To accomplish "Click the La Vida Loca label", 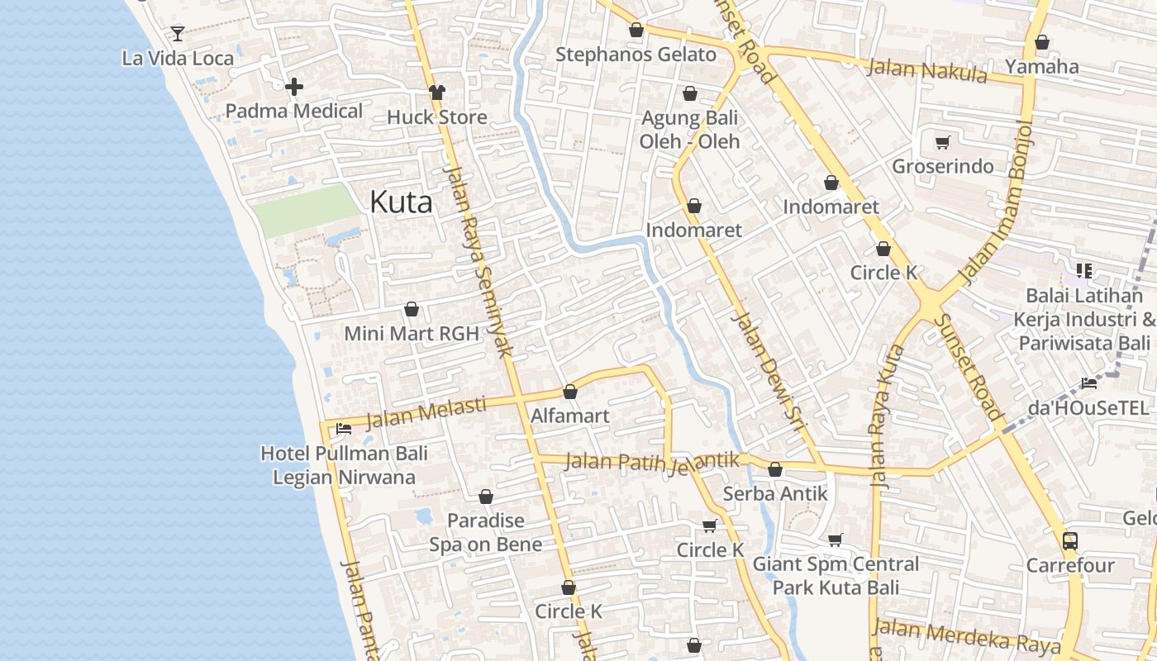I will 178,59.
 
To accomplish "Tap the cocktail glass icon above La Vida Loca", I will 178,33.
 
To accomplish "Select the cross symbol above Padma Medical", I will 294,86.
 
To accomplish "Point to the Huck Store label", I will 437,117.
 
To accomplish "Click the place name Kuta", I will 401,202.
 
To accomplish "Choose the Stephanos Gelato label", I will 636,55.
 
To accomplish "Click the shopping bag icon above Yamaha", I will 1042,41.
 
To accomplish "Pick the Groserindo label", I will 942,166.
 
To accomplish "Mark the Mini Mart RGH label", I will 412,334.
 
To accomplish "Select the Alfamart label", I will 570,416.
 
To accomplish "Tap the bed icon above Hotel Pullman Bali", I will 344,428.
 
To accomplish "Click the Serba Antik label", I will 775,493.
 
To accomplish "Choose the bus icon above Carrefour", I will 1070,541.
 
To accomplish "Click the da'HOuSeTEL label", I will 1088,407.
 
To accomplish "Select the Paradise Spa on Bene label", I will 486,532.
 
